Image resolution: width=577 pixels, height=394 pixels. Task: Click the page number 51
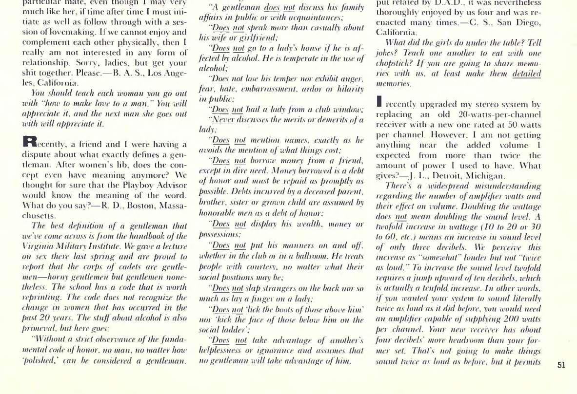[x=561, y=365]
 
